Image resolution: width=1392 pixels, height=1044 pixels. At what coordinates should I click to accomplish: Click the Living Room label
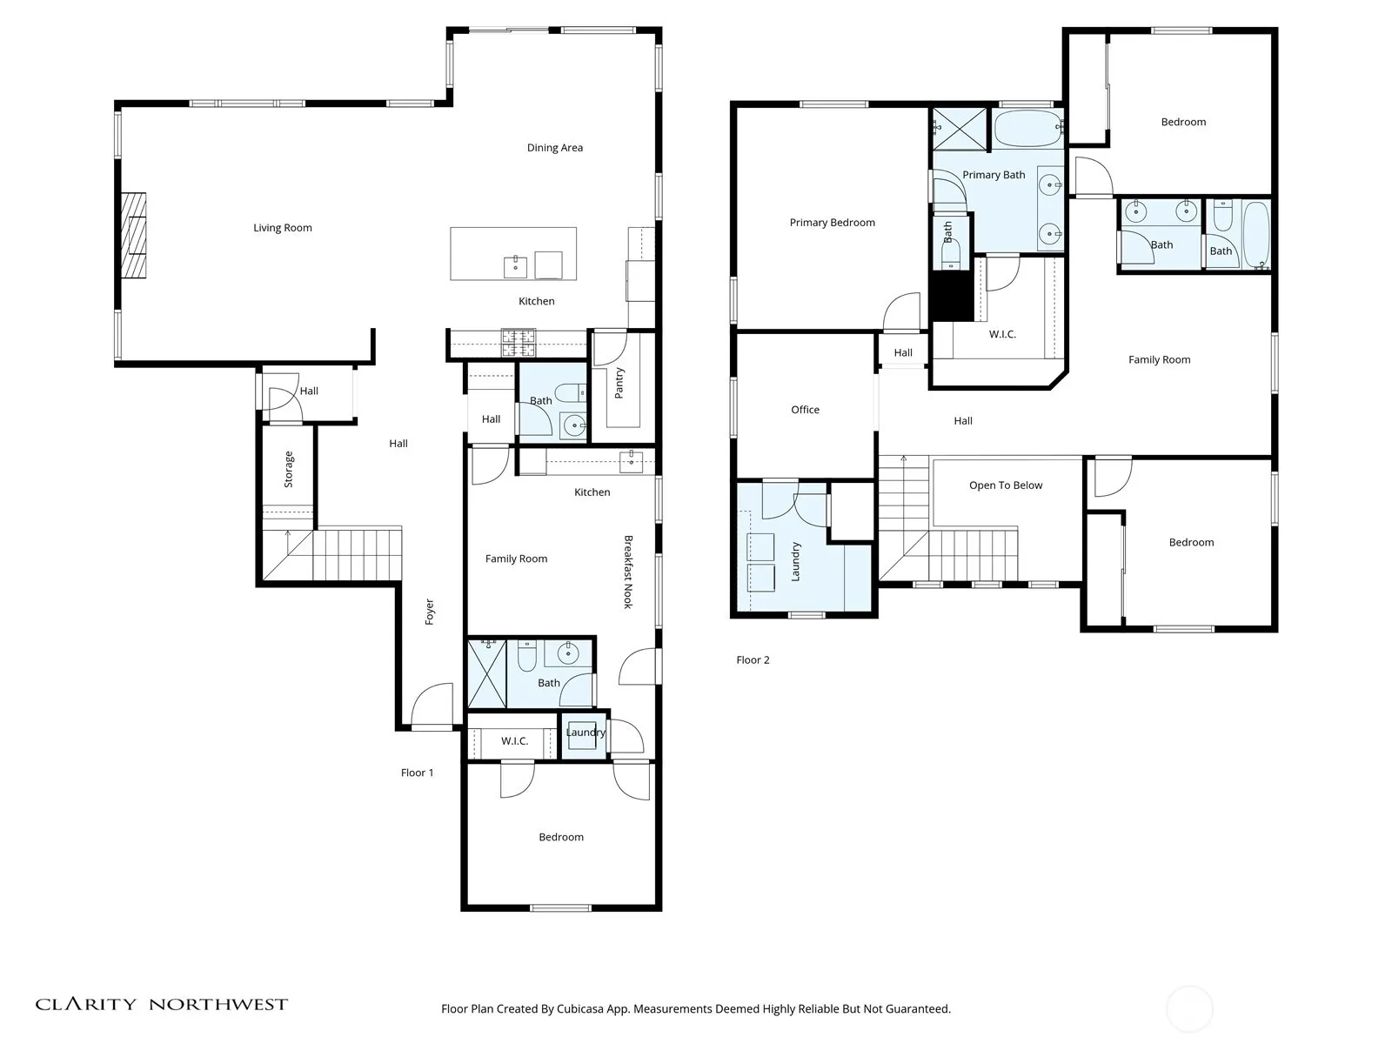coord(282,228)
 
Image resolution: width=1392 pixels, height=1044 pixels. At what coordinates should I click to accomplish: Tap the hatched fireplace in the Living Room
coord(133,235)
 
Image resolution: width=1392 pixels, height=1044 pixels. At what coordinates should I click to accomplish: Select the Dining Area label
coord(555,148)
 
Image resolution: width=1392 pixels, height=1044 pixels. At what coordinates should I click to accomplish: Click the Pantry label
coord(619,383)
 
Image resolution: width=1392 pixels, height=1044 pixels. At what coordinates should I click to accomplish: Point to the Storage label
coord(289,469)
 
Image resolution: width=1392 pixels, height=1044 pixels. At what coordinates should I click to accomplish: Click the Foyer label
coord(429,612)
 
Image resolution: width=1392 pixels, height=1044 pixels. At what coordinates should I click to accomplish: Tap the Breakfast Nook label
coord(628,572)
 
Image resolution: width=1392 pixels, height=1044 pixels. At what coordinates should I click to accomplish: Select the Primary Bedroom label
coord(832,223)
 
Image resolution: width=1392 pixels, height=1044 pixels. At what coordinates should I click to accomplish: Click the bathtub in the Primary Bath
coord(1027,128)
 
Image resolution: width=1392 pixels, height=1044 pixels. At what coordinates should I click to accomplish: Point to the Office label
coord(805,410)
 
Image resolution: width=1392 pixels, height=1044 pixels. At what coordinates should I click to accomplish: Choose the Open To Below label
coord(1006,485)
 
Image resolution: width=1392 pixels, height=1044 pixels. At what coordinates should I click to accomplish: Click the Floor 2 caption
coord(753,659)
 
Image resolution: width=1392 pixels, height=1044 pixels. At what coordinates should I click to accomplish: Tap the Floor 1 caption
coord(418,773)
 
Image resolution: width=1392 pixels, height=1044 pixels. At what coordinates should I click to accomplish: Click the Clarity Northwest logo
coord(161,1004)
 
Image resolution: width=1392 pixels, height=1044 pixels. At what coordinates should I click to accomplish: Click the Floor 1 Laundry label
coord(586,733)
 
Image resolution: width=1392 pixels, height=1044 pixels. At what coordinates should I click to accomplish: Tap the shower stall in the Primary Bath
coord(960,129)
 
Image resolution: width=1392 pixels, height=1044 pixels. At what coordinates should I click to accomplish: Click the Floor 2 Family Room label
coord(1159,360)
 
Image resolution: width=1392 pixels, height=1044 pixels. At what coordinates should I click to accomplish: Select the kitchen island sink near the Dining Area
coord(515,267)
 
